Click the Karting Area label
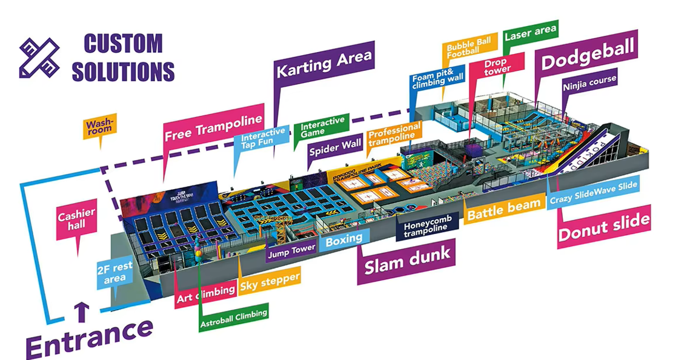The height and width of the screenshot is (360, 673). pos(324,62)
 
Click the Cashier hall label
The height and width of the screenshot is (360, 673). pos(76,219)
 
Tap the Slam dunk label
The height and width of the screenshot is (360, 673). pos(408,256)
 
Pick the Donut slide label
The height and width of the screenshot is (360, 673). pos(603,225)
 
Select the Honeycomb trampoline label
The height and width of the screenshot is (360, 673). pos(426,226)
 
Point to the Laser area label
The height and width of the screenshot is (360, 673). pos(531,35)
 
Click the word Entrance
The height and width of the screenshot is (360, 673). pos(88,338)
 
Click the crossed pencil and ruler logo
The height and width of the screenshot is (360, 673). pos(39,58)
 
